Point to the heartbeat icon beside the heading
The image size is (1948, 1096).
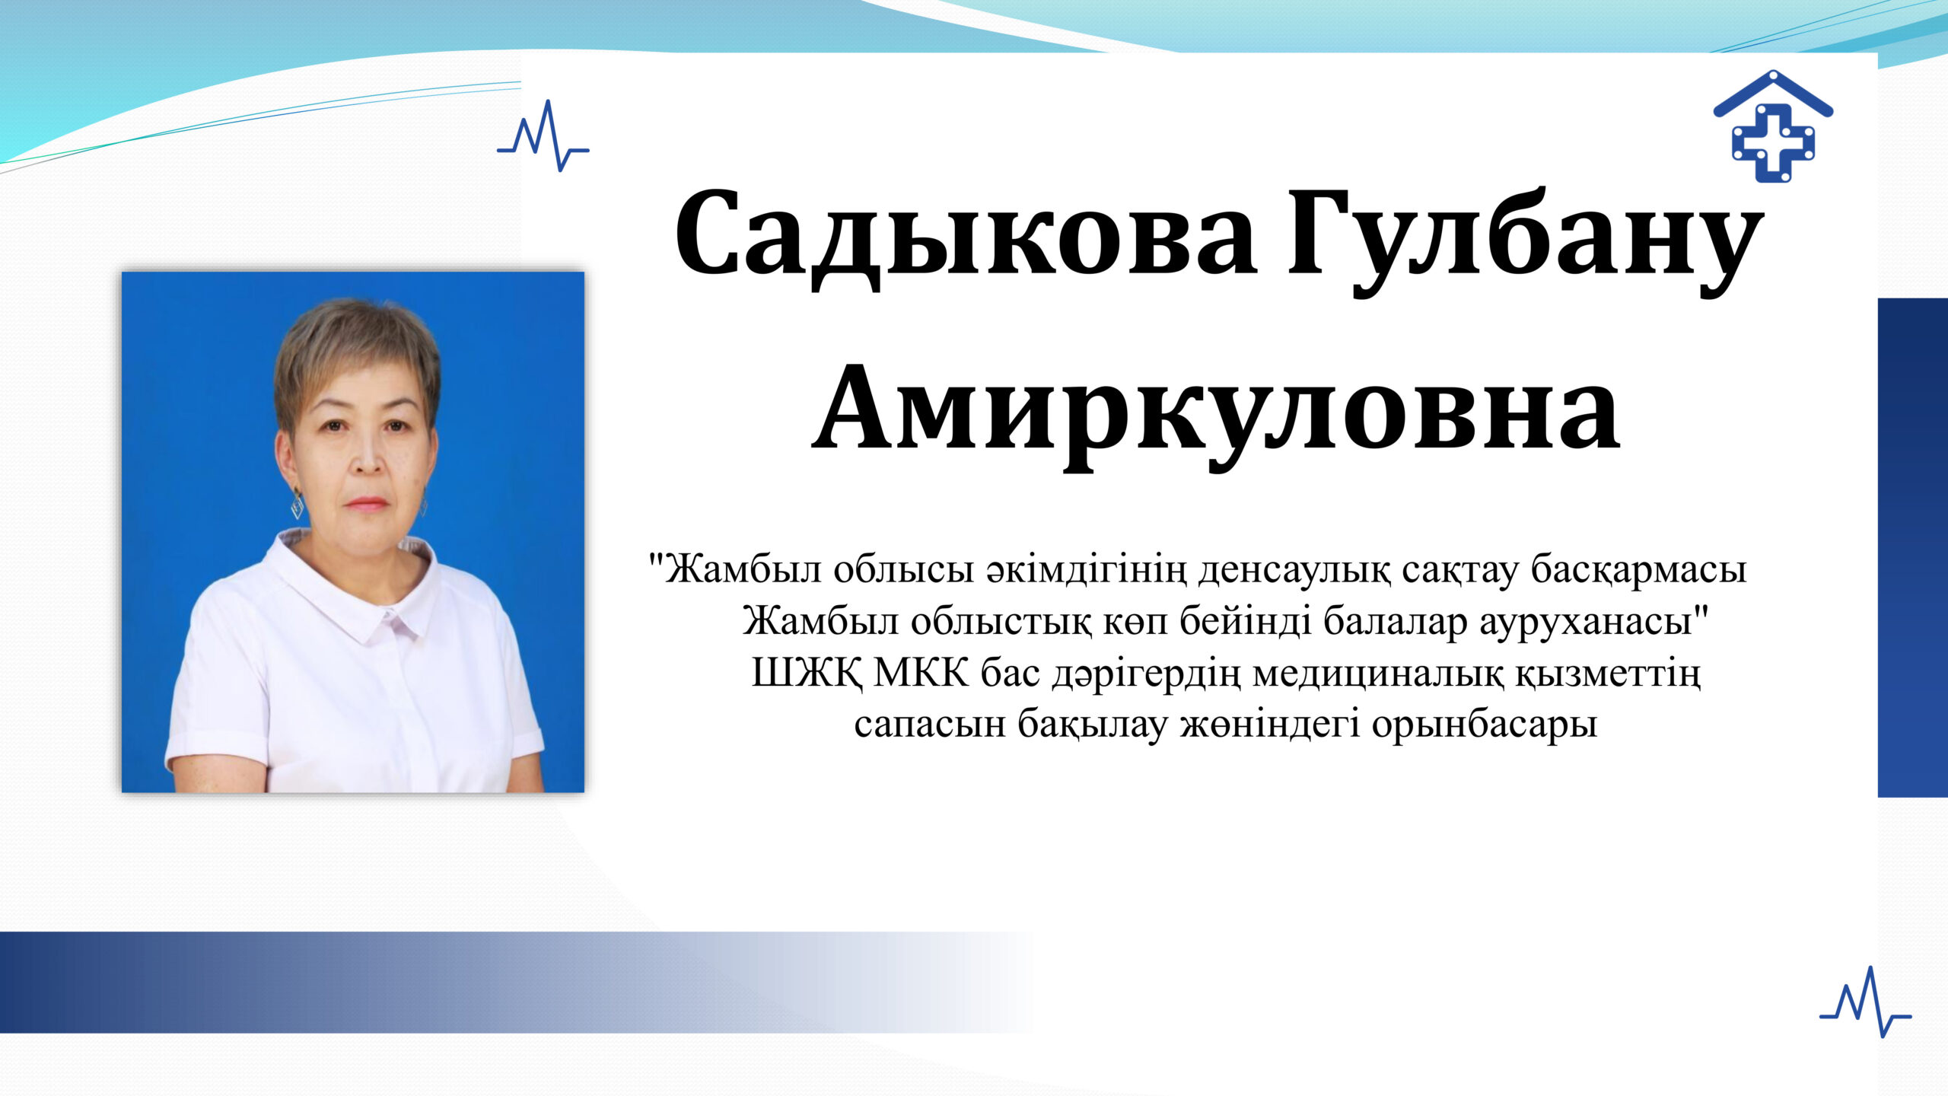[543, 136]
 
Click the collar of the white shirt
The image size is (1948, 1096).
[350, 586]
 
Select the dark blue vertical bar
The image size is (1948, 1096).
[1912, 547]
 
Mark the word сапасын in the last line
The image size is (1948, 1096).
[930, 725]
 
